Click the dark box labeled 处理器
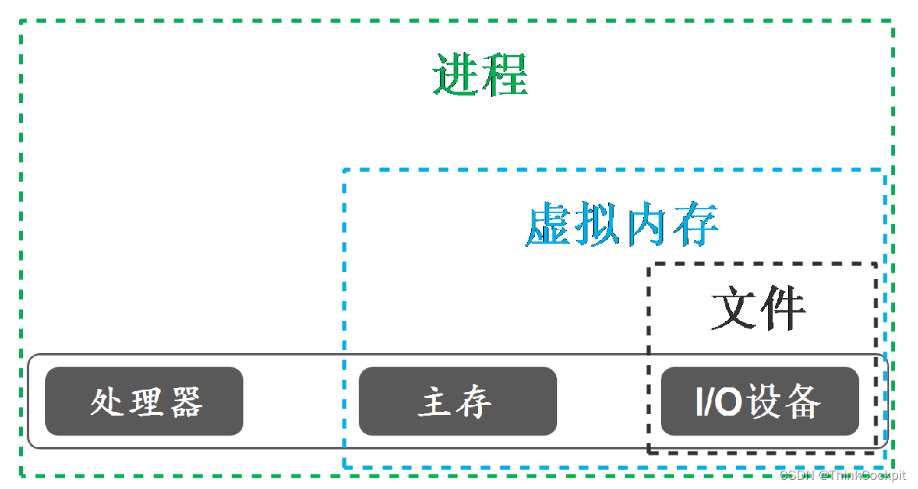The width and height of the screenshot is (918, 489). (144, 401)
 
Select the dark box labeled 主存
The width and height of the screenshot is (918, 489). (457, 401)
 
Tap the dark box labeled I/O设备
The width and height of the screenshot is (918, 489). (760, 401)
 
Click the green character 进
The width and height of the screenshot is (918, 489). (456, 75)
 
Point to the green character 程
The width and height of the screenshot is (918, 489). (504, 75)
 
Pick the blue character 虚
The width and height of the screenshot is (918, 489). (549, 225)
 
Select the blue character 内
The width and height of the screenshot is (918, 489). (646, 225)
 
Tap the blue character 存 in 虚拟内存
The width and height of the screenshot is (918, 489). (695, 225)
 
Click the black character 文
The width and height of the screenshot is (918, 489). (734, 309)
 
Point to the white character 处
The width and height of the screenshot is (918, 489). (107, 401)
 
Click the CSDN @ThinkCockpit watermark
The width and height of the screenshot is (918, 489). (842, 475)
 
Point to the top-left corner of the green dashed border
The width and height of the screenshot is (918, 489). (21, 21)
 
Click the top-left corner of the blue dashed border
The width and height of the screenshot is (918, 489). (345, 170)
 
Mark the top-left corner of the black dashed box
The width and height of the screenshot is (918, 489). (649, 264)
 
